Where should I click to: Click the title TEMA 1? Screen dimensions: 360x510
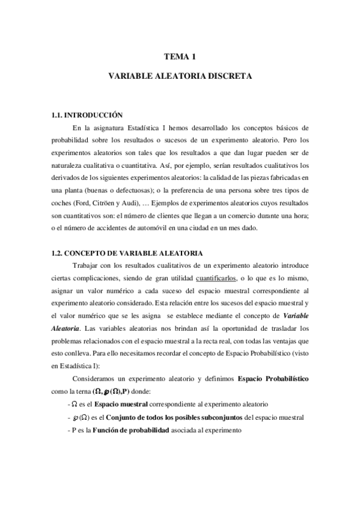180,58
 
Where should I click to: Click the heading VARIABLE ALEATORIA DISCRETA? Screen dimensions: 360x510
180,78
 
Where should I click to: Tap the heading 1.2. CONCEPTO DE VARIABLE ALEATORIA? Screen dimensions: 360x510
127,253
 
